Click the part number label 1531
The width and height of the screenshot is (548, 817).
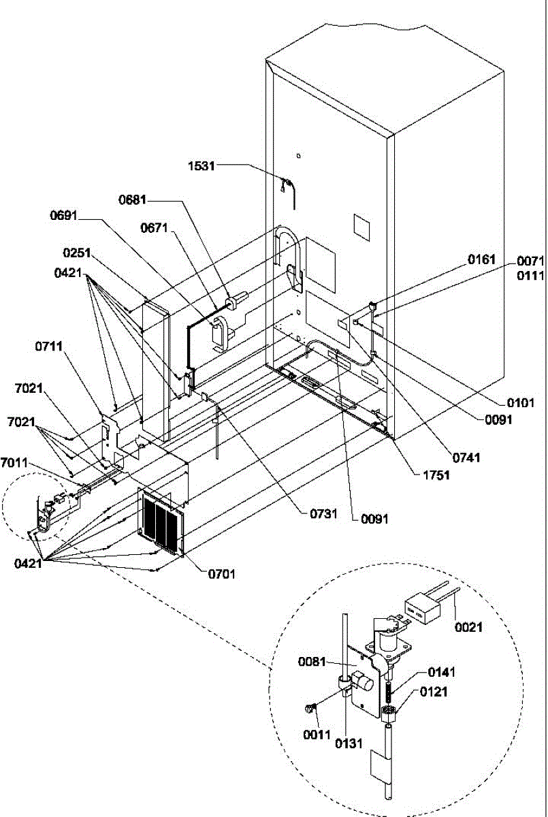coord(201,166)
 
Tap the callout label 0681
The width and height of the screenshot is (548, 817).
coord(132,200)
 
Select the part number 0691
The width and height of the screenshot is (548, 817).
coord(64,216)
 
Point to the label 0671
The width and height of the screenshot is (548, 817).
coord(155,228)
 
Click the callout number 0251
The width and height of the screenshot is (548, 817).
coord(76,253)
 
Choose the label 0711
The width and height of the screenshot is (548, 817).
coord(49,346)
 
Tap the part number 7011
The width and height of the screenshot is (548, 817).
coord(14,463)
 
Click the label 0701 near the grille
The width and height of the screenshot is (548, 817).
coord(222,575)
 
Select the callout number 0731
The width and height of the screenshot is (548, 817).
coord(323,514)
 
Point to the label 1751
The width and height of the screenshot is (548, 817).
coord(436,475)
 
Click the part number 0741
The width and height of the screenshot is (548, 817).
coord(466,458)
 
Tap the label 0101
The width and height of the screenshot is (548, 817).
coord(521,403)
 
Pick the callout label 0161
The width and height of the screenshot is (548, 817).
coord(482,259)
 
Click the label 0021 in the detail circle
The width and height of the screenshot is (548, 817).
coord(468,627)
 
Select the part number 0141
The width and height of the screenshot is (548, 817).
coord(442,672)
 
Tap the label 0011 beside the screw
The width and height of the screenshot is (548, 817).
coord(317,735)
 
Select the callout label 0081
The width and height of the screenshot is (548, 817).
coord(312,662)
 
